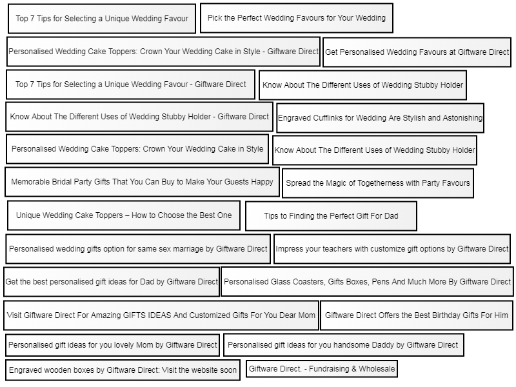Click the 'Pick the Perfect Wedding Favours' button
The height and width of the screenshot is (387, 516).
(297, 18)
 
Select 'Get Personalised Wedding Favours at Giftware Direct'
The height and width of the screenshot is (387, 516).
(417, 52)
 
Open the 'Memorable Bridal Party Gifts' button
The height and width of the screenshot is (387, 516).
(142, 182)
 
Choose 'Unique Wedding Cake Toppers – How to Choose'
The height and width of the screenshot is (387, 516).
(124, 215)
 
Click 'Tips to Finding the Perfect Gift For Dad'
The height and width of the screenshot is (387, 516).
(331, 216)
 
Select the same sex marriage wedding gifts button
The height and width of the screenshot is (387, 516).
(138, 249)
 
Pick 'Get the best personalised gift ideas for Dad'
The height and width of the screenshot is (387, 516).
(112, 282)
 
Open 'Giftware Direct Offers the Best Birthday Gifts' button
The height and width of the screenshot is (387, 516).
(417, 315)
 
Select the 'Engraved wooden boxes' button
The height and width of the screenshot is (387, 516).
(123, 370)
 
